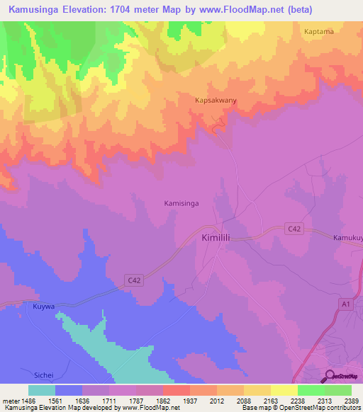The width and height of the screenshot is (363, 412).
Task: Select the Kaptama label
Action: point(318,32)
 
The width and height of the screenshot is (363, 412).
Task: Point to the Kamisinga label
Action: point(181,203)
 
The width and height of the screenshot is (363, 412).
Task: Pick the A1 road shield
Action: point(345,303)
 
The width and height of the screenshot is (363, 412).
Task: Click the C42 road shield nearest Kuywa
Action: point(135,280)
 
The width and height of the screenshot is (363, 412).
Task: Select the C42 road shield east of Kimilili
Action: point(294,228)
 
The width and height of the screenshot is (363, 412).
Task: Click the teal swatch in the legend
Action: point(42,389)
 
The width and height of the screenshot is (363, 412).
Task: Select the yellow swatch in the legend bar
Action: point(283,389)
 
